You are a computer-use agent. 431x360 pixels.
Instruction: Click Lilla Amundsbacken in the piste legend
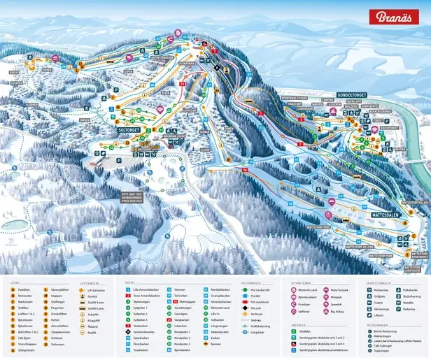point(146,288)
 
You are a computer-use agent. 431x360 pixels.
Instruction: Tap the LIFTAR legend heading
point(15,282)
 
